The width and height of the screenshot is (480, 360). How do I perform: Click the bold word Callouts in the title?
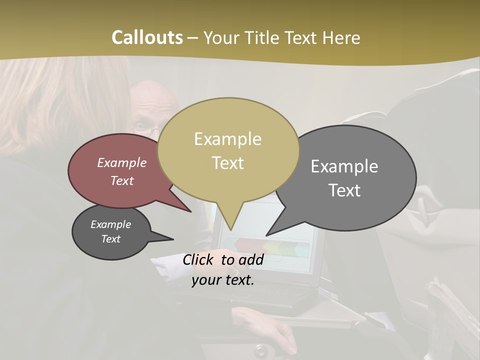147,37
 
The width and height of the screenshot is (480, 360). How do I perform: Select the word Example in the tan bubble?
227,139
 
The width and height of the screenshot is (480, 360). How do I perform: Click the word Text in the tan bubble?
227,163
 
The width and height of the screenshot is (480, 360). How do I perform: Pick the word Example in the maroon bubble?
121,162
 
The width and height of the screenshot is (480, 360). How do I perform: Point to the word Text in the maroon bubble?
121,180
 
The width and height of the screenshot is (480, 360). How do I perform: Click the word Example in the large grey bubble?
344,166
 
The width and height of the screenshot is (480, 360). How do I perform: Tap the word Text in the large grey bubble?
344,190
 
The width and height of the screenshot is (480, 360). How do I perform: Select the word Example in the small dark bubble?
110,224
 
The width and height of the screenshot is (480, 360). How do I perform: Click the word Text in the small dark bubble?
110,239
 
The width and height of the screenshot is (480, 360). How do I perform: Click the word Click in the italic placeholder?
199,259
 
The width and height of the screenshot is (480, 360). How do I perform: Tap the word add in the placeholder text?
251,259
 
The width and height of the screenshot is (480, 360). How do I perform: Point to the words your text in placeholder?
222,280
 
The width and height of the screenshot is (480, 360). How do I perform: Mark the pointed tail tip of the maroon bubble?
191,212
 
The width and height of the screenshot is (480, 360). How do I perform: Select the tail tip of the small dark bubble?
173,239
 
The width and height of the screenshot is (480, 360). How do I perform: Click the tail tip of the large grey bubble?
266,235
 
